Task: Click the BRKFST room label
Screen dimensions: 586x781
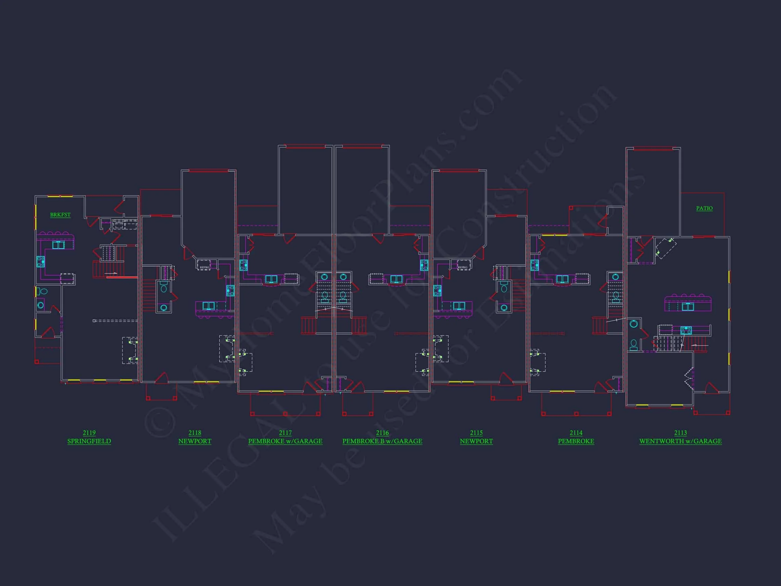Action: click(60, 215)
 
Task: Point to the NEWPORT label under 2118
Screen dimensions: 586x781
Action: click(195, 441)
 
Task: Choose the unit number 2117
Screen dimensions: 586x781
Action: click(285, 433)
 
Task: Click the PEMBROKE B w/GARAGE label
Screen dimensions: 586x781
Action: click(382, 441)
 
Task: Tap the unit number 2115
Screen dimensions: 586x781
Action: click(476, 433)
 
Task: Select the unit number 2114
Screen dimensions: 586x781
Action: click(576, 433)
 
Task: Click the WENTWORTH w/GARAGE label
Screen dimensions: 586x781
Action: click(680, 441)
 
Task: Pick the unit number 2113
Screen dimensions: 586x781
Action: click(680, 433)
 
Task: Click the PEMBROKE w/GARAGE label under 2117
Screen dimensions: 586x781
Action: click(285, 441)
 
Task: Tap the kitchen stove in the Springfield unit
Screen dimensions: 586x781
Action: click(41, 262)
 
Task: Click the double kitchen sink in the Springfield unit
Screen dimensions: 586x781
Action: click(58, 245)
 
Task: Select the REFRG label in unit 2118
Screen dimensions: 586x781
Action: click(204, 267)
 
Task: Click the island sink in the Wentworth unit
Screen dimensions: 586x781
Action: click(687, 307)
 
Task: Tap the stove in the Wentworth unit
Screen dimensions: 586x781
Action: click(686, 330)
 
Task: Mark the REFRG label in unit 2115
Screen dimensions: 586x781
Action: click(462, 267)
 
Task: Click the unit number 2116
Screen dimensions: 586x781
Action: click(382, 433)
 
